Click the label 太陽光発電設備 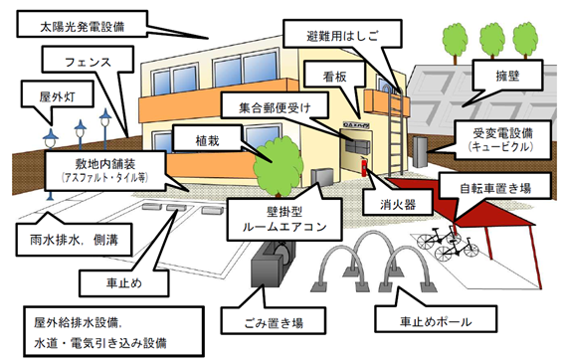tap(80, 20)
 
